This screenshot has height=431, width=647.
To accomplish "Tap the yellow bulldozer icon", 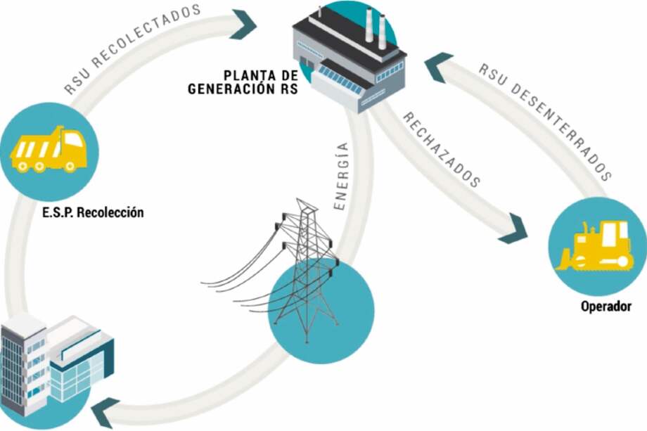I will [594, 247].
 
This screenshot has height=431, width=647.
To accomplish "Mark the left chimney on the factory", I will [370, 27].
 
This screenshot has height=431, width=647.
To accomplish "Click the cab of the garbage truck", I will [74, 145].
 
